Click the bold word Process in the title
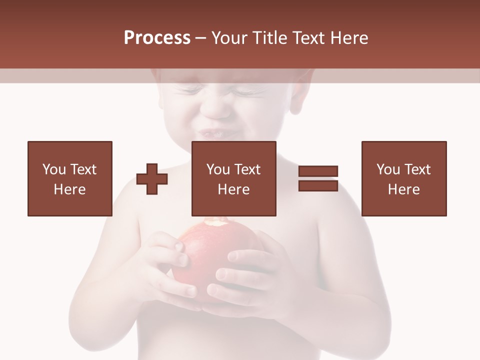point(157,38)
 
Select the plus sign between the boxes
point(152,179)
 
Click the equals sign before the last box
point(318,178)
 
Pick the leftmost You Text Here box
point(69,178)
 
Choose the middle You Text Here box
point(233,178)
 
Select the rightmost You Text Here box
point(403,178)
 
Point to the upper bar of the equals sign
point(318,171)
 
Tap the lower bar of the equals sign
point(318,185)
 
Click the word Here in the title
point(349,38)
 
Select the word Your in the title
point(230,38)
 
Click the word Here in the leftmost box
point(69,189)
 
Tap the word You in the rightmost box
point(388,169)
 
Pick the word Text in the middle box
point(247,169)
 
